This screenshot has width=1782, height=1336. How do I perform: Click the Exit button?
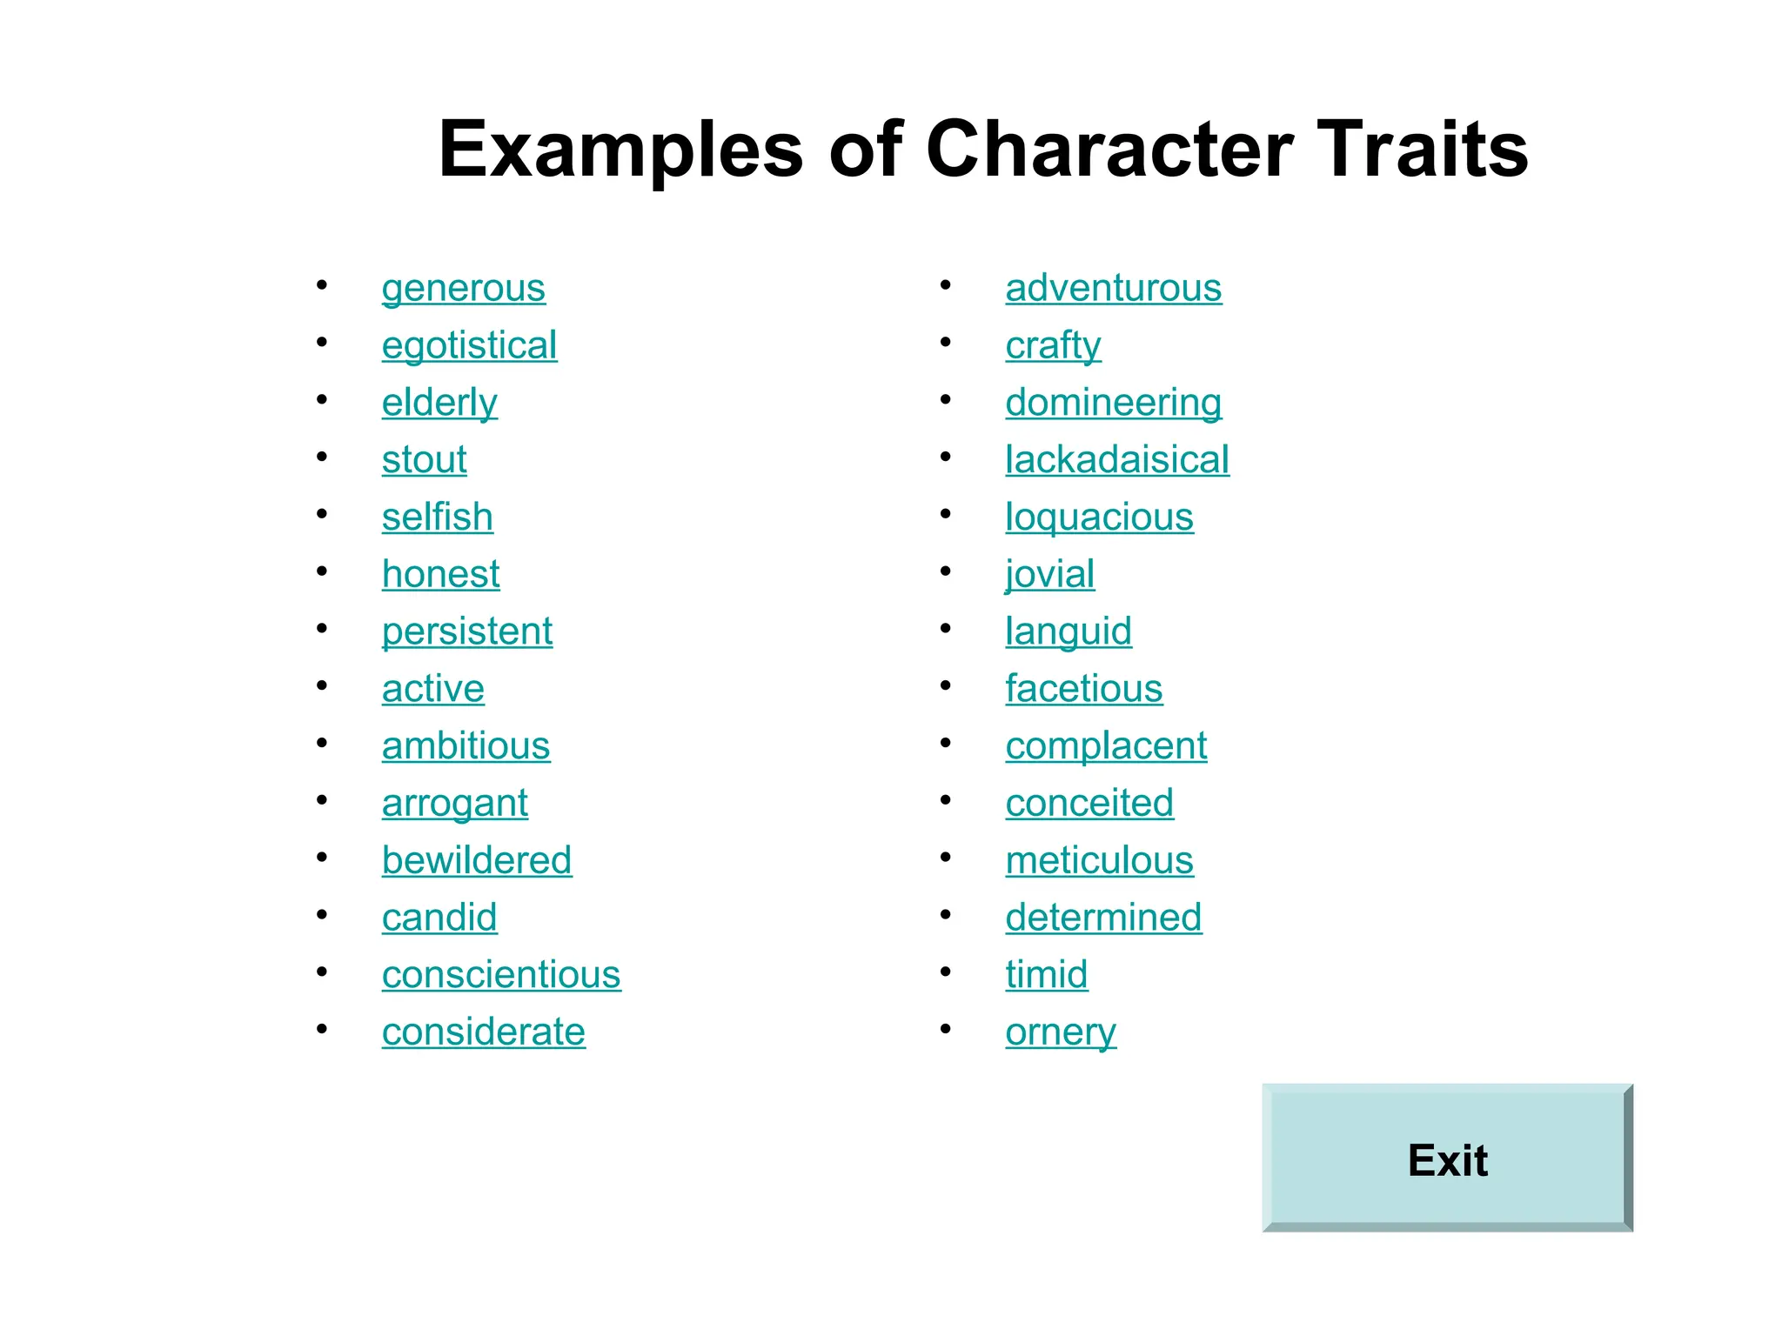pyautogui.click(x=1447, y=1159)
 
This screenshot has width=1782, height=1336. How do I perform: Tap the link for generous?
pyautogui.click(x=463, y=288)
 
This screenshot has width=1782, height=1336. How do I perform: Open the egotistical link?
pyautogui.click(x=469, y=345)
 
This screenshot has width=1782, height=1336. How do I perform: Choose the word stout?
pyautogui.click(x=424, y=459)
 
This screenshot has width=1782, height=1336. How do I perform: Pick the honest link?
pyautogui.click(x=440, y=574)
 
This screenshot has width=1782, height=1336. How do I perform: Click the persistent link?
pyautogui.click(x=467, y=631)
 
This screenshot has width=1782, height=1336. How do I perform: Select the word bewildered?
pyautogui.click(x=477, y=860)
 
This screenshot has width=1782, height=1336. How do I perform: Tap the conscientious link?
pyautogui.click(x=501, y=974)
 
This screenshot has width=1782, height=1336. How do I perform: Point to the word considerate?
pyautogui.click(x=483, y=1032)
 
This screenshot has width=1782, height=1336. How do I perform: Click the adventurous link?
pyautogui.click(x=1113, y=288)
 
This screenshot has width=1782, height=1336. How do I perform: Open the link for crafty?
pyautogui.click(x=1053, y=345)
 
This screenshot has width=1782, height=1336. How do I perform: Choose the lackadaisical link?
pyautogui.click(x=1117, y=459)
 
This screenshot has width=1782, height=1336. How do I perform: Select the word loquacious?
pyautogui.click(x=1099, y=517)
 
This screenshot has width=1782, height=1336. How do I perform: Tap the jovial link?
pyautogui.click(x=1049, y=574)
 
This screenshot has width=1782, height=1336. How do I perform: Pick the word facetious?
pyautogui.click(x=1083, y=689)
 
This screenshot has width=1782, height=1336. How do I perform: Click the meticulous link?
pyautogui.click(x=1099, y=860)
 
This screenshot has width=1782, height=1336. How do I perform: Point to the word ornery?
pyautogui.click(x=1060, y=1032)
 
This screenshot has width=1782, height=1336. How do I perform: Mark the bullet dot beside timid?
pyautogui.click(x=946, y=972)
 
